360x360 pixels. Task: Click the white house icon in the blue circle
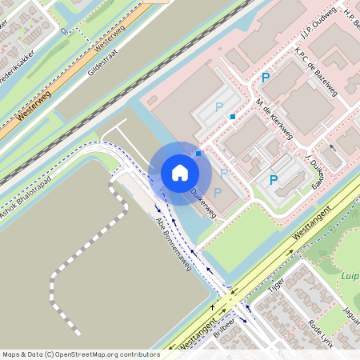pos(180,173)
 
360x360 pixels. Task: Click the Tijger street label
pos(276,288)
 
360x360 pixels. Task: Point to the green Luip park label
pos(350,278)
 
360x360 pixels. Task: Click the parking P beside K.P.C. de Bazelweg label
pos(266,78)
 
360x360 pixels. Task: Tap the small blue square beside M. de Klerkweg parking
pos(233,117)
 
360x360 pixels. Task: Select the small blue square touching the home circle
pos(198,153)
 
